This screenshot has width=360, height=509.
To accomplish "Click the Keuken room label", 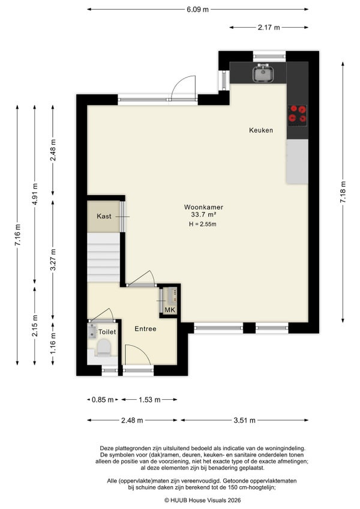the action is [x=261, y=130].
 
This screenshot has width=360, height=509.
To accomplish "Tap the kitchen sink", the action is [x=263, y=73].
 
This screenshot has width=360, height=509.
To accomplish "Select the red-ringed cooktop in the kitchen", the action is [x=298, y=115].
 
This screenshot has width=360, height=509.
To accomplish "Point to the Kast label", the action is [x=104, y=216].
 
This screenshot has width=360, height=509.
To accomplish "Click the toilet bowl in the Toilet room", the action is [x=104, y=348].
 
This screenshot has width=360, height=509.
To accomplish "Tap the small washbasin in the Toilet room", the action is [x=92, y=331].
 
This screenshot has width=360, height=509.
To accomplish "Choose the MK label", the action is [x=170, y=310].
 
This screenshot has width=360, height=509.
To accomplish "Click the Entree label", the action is [x=145, y=329].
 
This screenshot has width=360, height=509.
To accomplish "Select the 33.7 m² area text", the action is [x=203, y=214].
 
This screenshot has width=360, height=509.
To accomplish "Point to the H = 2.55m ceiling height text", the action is [x=203, y=224].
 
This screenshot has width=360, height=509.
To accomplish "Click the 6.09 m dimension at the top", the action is [x=197, y=10].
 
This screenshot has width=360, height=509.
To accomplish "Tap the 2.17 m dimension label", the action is [x=269, y=28].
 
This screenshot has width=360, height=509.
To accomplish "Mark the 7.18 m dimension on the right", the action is [x=343, y=192].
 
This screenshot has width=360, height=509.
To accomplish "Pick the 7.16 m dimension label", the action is [x=17, y=235].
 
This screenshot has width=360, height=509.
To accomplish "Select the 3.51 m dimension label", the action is [x=244, y=420].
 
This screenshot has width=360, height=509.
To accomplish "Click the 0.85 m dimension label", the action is [x=103, y=400].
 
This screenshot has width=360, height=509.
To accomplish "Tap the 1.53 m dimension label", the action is [x=149, y=400].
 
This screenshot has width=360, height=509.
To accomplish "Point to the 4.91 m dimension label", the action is [x=35, y=194].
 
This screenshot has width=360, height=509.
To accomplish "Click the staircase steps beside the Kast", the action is [x=104, y=258].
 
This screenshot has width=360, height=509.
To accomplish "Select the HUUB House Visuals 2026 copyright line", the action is [x=203, y=500].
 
